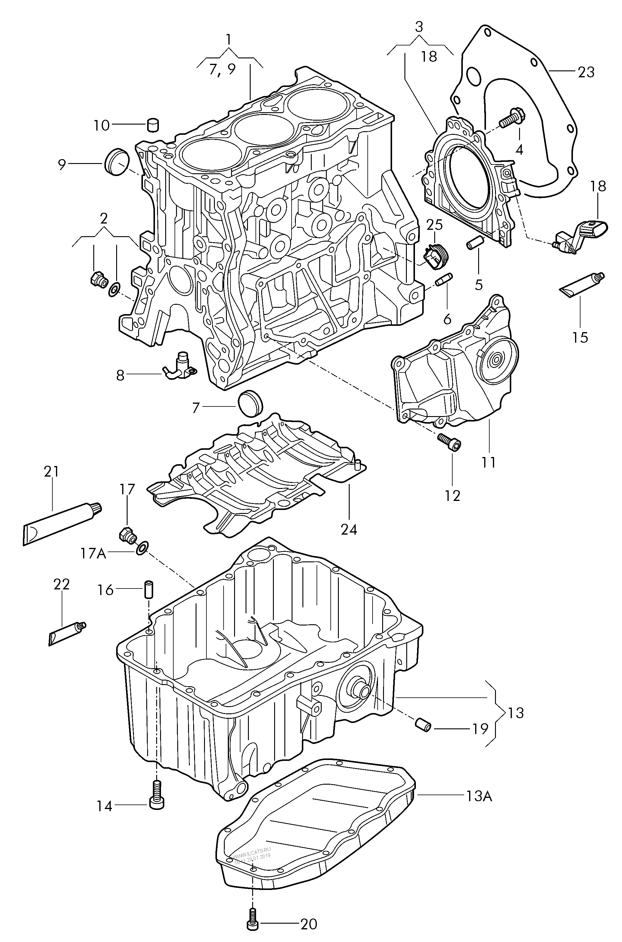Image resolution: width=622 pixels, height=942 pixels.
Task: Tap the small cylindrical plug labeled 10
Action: [153, 125]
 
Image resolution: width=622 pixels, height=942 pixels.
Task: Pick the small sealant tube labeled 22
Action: [67, 633]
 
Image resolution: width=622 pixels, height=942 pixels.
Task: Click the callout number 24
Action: [349, 529]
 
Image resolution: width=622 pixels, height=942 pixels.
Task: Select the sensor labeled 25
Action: [435, 255]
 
